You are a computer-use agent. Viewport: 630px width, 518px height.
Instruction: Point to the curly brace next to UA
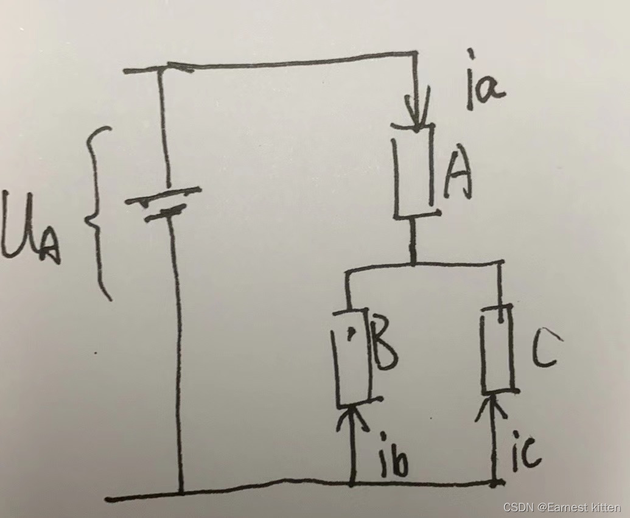click(x=97, y=213)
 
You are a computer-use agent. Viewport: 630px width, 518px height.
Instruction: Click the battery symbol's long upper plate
click(x=163, y=195)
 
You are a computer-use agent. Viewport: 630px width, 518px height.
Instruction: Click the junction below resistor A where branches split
click(x=413, y=264)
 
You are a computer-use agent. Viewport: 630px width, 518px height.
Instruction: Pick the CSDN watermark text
click(x=561, y=507)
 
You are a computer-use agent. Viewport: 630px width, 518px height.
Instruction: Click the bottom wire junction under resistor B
click(x=353, y=485)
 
